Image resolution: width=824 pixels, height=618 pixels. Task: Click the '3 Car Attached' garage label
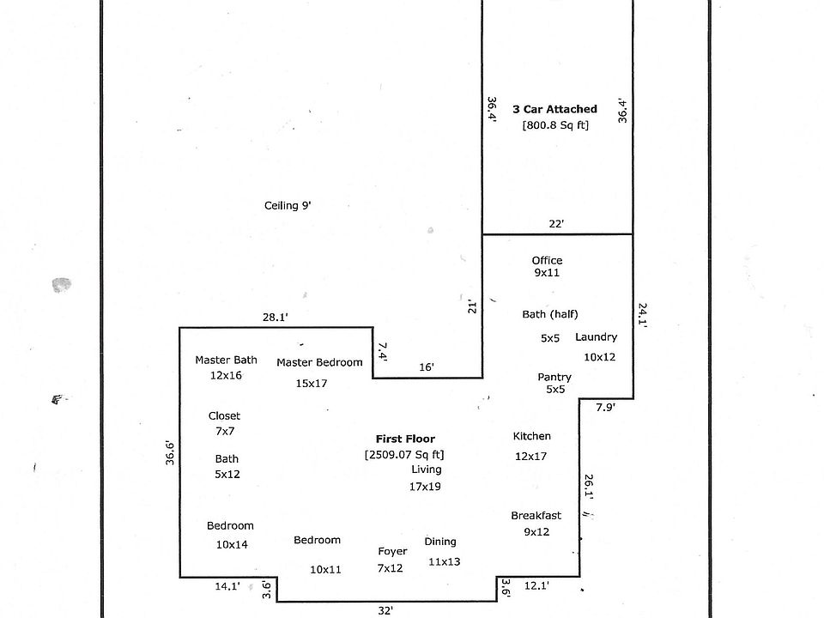[x=554, y=109]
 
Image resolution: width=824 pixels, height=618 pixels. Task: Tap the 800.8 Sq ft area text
[x=555, y=125]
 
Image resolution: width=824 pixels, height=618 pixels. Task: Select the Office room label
[x=547, y=260]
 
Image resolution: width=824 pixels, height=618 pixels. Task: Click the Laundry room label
[x=596, y=337]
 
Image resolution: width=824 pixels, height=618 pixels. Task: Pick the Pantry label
[x=554, y=377]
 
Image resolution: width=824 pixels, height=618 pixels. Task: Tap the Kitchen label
[x=531, y=436]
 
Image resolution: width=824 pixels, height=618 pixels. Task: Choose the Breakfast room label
[x=536, y=515]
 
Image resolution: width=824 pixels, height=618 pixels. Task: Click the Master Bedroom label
[x=319, y=362]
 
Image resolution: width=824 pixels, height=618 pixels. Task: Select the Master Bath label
[x=226, y=360]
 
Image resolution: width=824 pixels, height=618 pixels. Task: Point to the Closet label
[x=224, y=415]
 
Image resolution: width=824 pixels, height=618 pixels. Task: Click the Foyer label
[x=392, y=551]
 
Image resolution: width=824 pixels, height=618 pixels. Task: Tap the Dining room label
[x=440, y=542]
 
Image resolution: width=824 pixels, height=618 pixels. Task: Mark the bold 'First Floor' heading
[x=405, y=439]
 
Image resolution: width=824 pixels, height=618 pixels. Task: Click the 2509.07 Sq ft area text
[x=404, y=454]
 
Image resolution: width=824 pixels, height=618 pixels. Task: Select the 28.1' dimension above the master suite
[x=275, y=317]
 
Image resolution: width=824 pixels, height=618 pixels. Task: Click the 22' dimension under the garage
[x=556, y=224]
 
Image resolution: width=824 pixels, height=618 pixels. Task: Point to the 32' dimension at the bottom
[x=385, y=610]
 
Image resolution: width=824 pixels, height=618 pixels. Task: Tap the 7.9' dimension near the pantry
[x=605, y=408]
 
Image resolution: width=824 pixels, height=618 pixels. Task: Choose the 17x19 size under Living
[x=425, y=487]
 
